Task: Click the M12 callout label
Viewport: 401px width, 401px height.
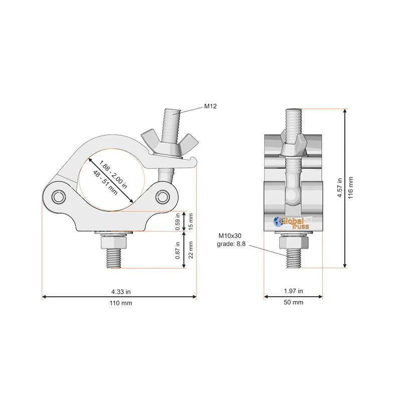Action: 210,106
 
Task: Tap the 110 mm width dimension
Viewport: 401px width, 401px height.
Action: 121,303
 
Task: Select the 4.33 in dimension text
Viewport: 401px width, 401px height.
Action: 121,292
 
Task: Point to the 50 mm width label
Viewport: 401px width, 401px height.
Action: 293,302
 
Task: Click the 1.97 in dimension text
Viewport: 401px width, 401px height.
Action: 293,291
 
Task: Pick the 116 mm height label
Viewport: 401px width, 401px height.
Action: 350,188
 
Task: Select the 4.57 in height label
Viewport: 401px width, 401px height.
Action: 340,188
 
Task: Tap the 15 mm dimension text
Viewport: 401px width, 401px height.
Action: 190,222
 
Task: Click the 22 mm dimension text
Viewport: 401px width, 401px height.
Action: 190,250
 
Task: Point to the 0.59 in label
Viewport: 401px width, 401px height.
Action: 178,222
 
